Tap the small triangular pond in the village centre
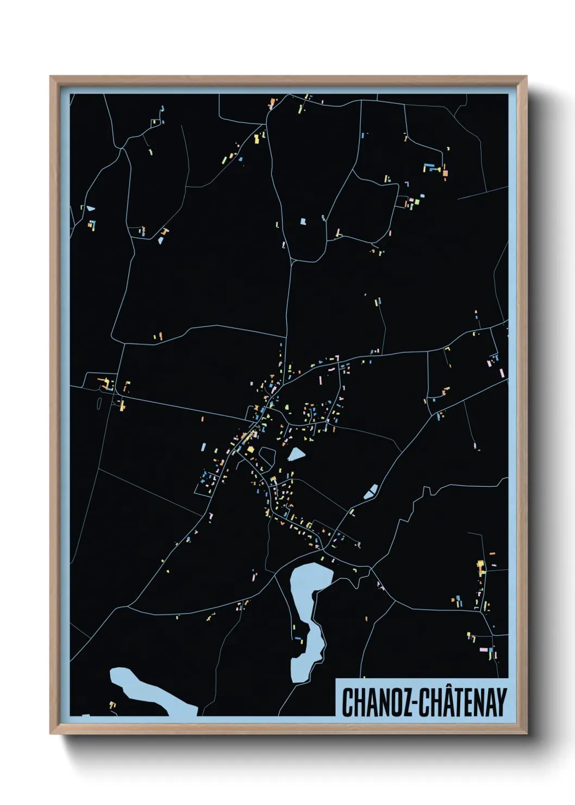pos(296,454)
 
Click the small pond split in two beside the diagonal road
pos(371,492)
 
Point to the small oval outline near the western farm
pos(99,403)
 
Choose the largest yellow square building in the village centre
pos(251,450)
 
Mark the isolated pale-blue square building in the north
pos(303,221)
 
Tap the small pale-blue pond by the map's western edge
pos(90,208)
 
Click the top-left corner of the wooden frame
pos(51,77)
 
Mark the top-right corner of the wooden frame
pos(526,77)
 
